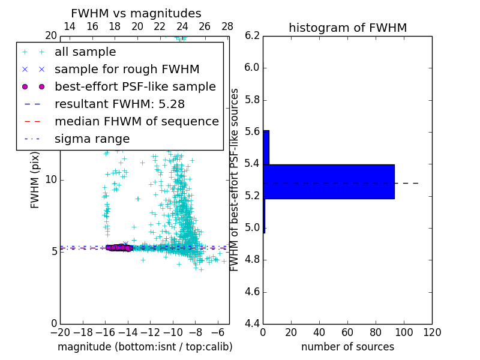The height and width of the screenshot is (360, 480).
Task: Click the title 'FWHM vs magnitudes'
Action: coord(136,13)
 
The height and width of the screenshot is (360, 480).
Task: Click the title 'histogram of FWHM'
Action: coord(347,28)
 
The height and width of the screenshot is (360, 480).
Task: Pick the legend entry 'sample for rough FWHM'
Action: coord(127,70)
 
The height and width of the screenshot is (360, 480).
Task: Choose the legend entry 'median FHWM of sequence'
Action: coord(136,121)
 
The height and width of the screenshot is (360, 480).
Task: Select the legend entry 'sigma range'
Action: coord(92,139)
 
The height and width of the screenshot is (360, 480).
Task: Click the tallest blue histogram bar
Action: coord(329,181)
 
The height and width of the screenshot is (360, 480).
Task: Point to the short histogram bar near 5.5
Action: coord(266,148)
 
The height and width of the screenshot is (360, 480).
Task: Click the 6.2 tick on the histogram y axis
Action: coord(252,35)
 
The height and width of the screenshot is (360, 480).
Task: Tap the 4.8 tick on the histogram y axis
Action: coord(252,260)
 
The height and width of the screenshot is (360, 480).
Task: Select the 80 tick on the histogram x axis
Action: coord(376,332)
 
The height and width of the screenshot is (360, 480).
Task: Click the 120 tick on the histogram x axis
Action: coord(432,332)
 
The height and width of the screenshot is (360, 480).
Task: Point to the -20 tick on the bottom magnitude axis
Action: coord(60,332)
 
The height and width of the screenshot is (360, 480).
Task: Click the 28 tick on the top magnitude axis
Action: coord(227,26)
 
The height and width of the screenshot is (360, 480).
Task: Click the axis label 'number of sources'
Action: coord(347,347)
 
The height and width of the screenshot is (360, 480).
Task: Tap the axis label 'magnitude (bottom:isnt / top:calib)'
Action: coord(145,347)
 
